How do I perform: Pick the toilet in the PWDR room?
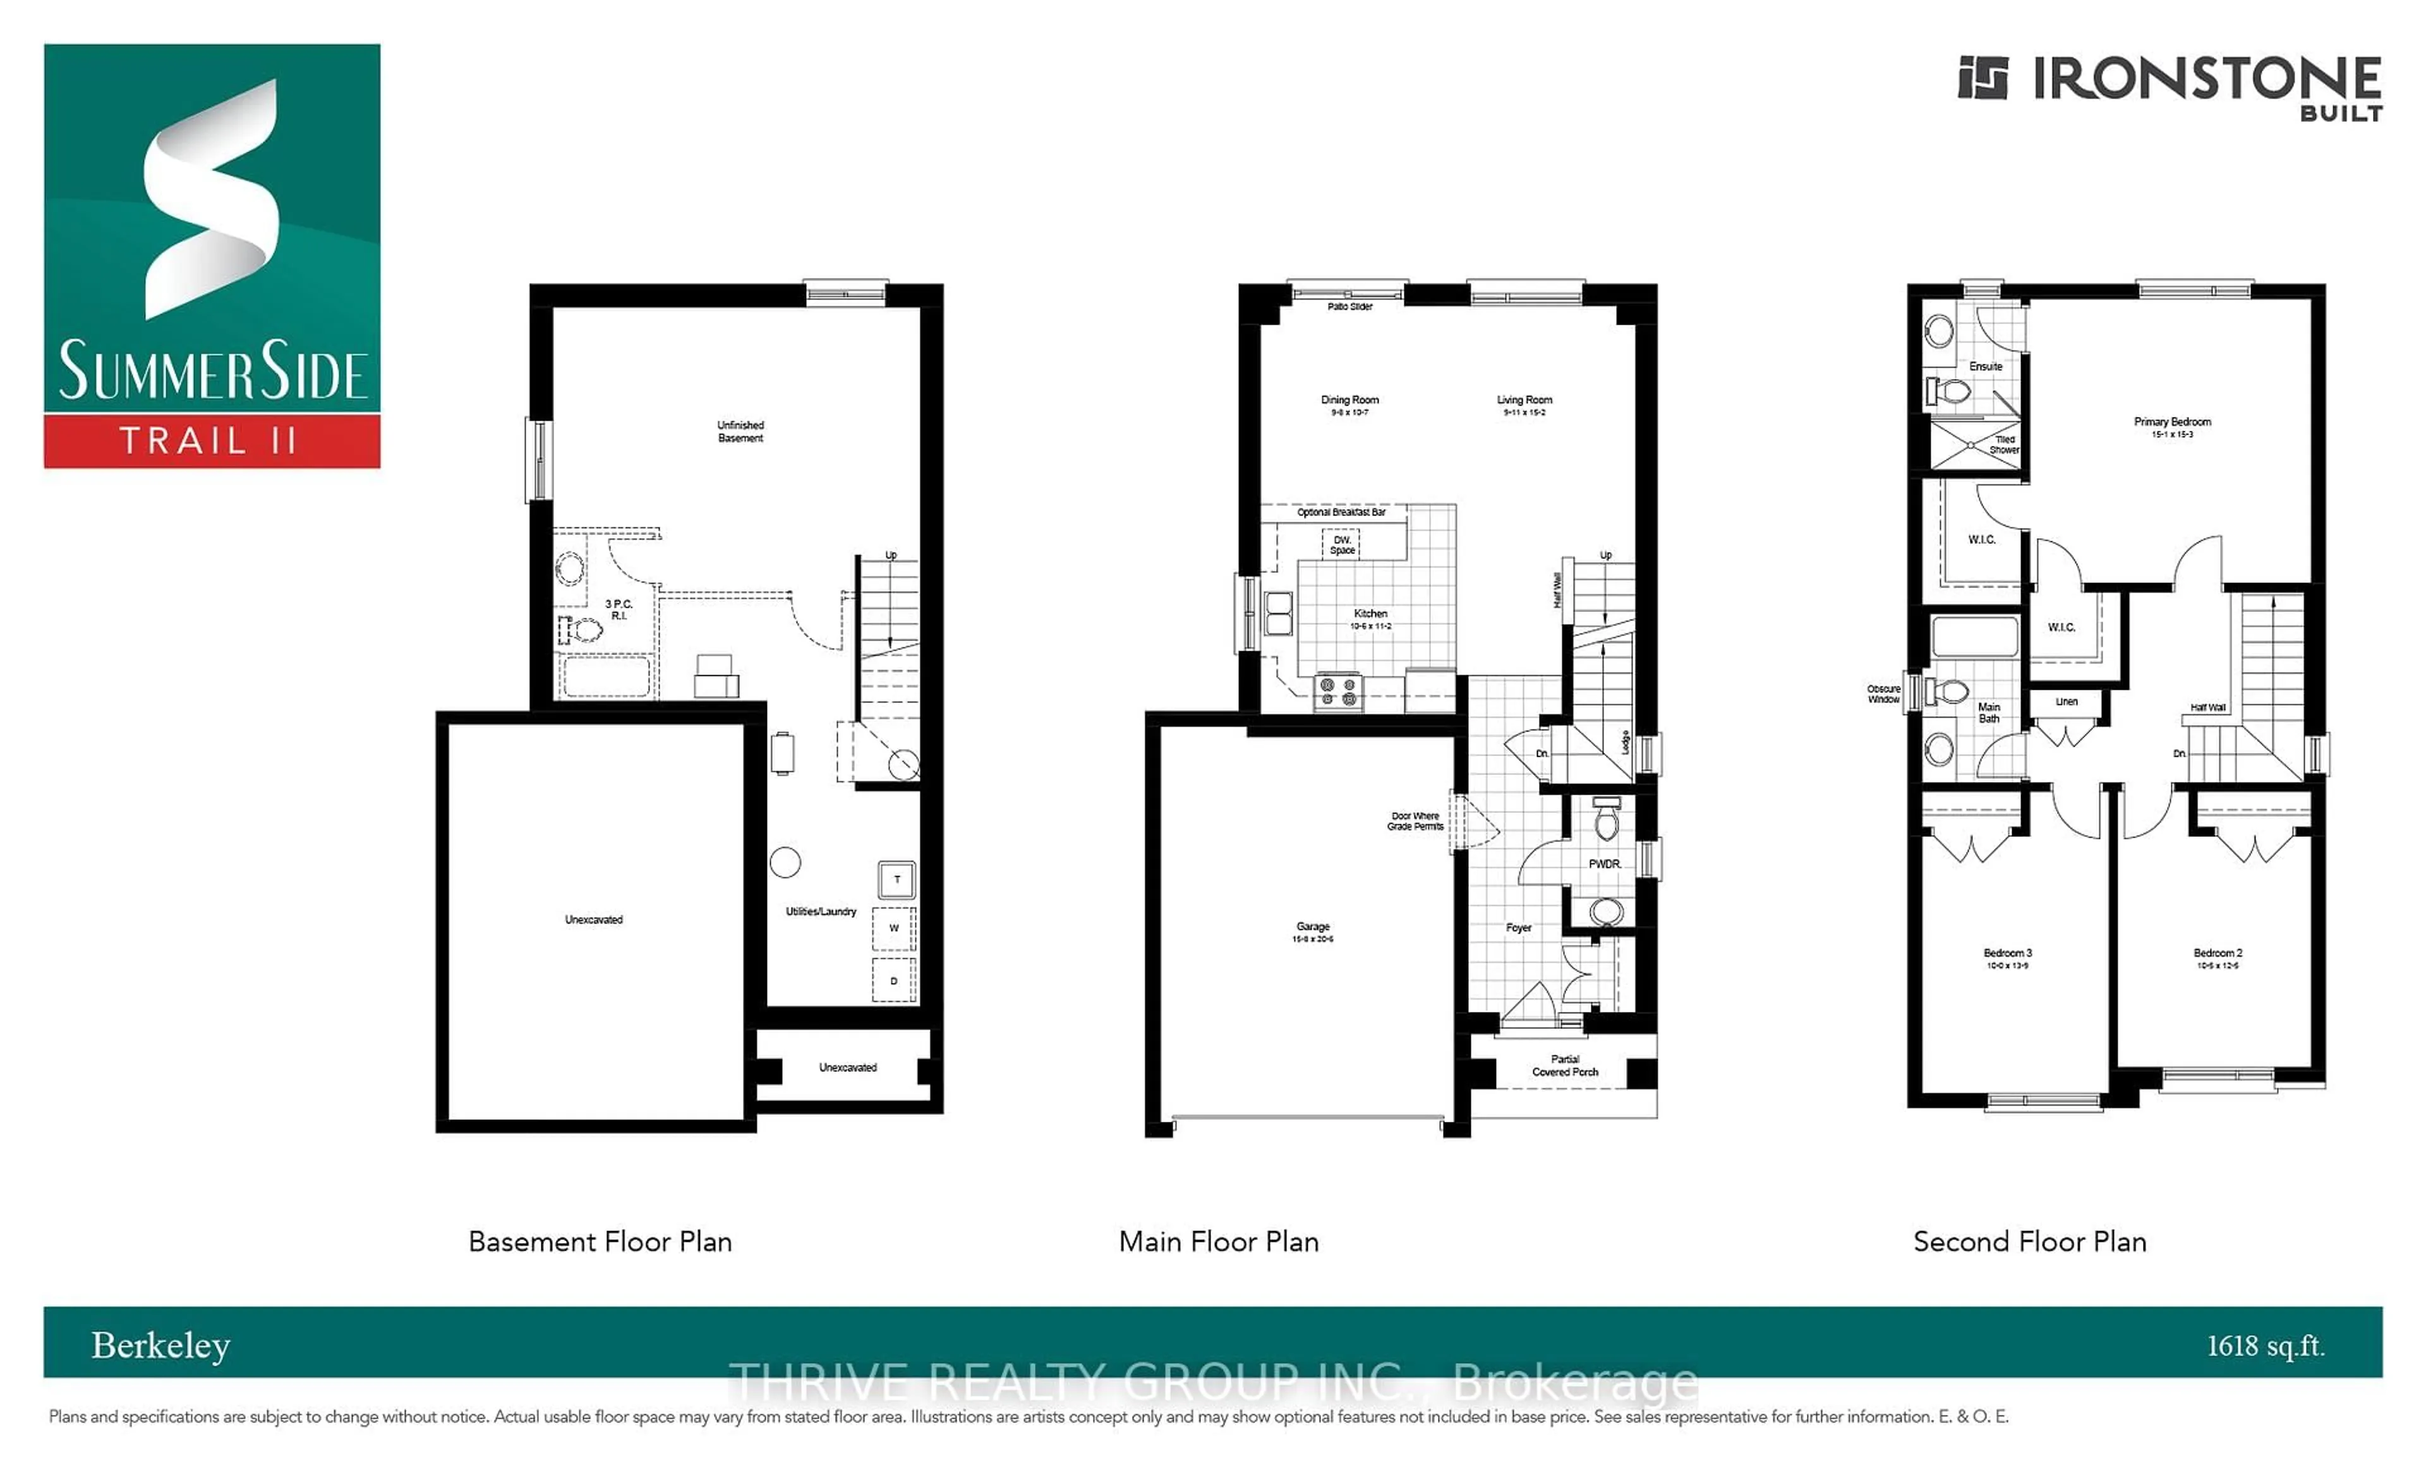coord(1606,820)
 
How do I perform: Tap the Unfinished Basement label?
coord(740,431)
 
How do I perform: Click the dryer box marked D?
coord(894,981)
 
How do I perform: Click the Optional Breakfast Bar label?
coord(1341,512)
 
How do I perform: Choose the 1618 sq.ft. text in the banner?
coord(2264,1346)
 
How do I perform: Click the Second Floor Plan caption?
coord(2029,1242)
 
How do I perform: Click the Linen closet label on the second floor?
coord(2067,702)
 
